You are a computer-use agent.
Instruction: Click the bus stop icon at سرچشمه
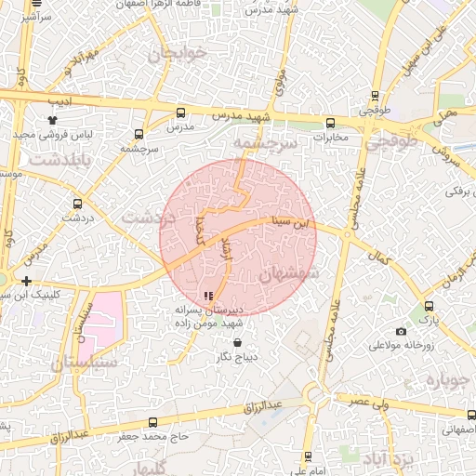pyautogui.click(x=139, y=134)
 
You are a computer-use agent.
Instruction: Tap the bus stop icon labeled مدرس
pyautogui.click(x=180, y=112)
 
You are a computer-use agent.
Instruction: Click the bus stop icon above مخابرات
pyautogui.click(x=330, y=123)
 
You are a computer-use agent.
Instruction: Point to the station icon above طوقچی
pyautogui.click(x=375, y=95)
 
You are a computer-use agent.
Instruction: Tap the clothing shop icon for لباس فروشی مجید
pyautogui.click(x=52, y=120)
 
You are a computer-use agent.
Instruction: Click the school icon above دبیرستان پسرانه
pyautogui.click(x=207, y=296)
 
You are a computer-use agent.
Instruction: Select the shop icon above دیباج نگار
pyautogui.click(x=237, y=343)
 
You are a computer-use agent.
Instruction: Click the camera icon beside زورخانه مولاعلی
pyautogui.click(x=401, y=332)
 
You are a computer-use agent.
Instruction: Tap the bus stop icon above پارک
pyautogui.click(x=429, y=306)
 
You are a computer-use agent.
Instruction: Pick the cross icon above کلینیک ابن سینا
pyautogui.click(x=27, y=281)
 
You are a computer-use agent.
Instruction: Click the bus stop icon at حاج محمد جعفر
pyautogui.click(x=153, y=422)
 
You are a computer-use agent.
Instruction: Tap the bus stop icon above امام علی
pyautogui.click(x=308, y=456)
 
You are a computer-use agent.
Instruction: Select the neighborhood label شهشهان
pyautogui.click(x=289, y=274)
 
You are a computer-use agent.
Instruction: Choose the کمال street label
pyautogui.click(x=377, y=254)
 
